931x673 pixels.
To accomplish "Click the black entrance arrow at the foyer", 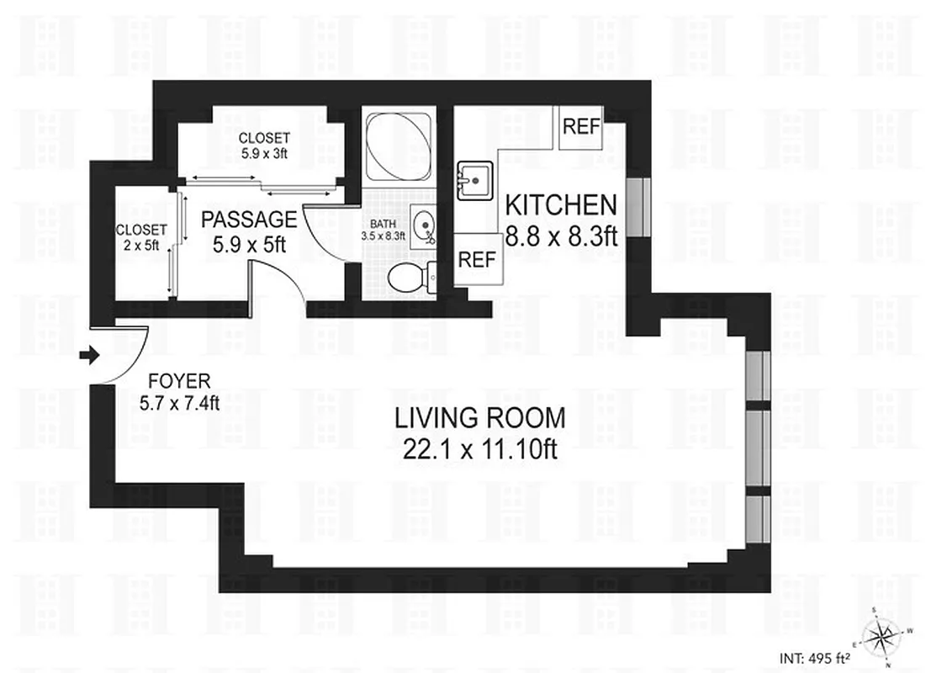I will [x=87, y=357].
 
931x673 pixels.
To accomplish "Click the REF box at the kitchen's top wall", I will [x=581, y=127].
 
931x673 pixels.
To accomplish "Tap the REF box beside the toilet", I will [x=477, y=260].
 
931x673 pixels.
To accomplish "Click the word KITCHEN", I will [x=561, y=205].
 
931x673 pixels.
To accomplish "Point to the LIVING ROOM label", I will [x=480, y=417].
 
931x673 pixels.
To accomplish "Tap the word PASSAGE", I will [x=249, y=220].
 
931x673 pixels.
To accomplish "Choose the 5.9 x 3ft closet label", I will [x=263, y=145].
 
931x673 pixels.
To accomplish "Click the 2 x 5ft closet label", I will [x=141, y=236].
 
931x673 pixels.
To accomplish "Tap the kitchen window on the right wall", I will [x=641, y=207].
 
